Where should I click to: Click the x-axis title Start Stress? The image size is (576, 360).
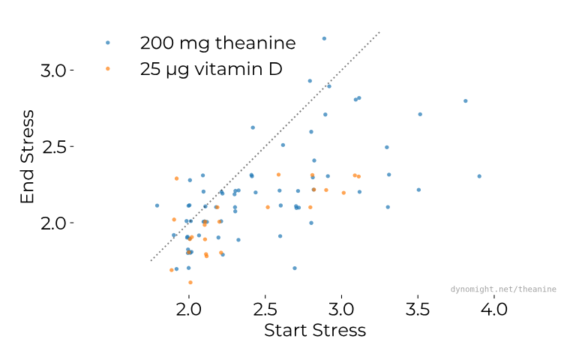(x=315, y=331)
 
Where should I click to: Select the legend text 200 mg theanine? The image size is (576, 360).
(x=217, y=43)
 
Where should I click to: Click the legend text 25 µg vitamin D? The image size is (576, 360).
(x=211, y=69)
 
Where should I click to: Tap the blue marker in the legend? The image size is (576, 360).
(x=108, y=43)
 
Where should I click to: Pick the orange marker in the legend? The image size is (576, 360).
(x=108, y=69)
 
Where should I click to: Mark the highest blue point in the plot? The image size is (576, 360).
(x=324, y=38)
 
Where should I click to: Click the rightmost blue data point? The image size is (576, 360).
(x=479, y=176)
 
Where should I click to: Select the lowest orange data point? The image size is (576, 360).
(x=190, y=283)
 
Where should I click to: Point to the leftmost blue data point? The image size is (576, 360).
(x=157, y=205)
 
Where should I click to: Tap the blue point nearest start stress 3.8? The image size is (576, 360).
(x=466, y=100)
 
